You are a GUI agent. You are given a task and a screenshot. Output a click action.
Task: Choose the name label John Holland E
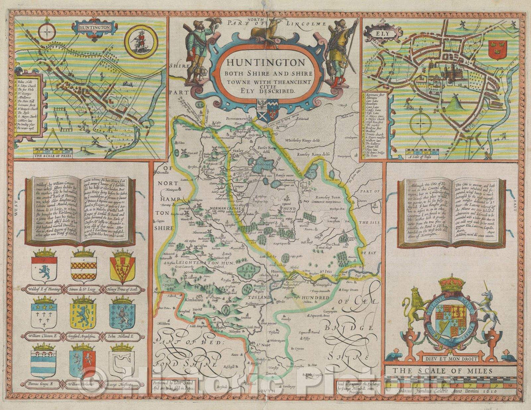point(122,337)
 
